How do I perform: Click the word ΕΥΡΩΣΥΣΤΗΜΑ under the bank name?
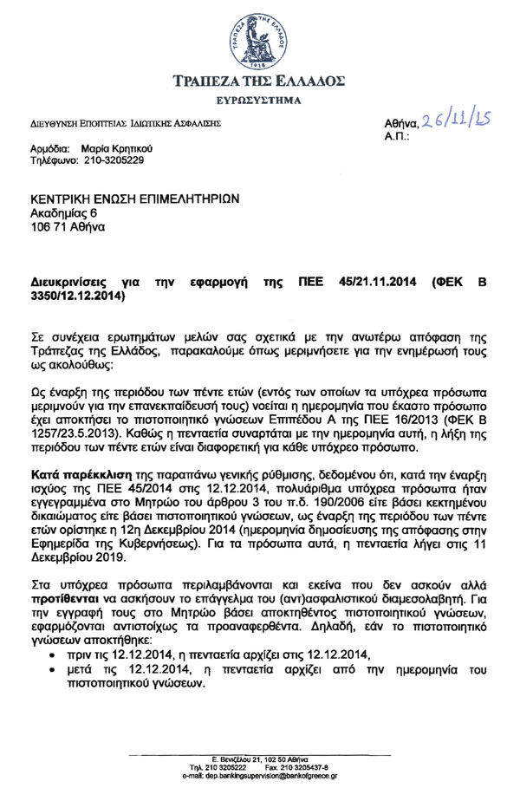[x=260, y=101]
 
